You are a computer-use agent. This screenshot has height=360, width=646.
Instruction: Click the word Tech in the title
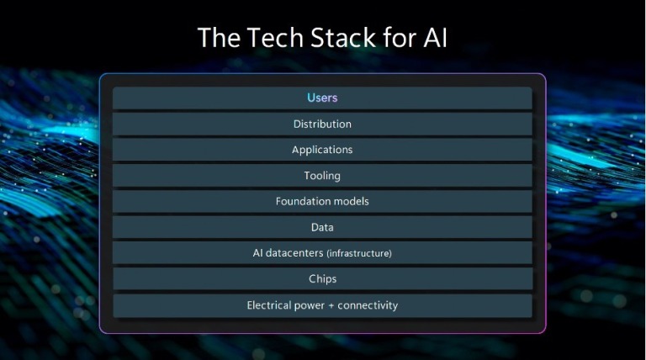coord(275,38)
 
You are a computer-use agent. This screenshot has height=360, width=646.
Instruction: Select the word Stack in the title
coord(343,38)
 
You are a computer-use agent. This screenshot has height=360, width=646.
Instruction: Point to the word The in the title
coord(219,38)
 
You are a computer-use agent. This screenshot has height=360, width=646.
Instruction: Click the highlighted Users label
coord(322,98)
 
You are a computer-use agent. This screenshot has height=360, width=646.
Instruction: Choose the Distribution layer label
coord(322,124)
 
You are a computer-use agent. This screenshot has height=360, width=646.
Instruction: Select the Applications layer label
coord(322,150)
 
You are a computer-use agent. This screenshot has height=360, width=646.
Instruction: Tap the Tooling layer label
coord(322,176)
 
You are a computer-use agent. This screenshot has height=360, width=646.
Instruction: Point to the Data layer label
coord(322,227)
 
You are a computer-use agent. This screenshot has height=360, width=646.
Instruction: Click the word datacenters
coord(294,253)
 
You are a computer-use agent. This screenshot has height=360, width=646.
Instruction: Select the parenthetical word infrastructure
coord(359,253)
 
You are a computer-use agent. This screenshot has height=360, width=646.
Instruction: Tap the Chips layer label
coord(323,279)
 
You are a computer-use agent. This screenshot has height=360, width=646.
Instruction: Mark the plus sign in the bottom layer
coord(331,306)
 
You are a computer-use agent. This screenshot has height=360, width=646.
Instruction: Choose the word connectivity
coord(368,305)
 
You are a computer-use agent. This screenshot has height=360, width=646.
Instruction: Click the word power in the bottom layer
coord(309,306)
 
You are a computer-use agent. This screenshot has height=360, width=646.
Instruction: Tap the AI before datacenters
coord(257,253)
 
